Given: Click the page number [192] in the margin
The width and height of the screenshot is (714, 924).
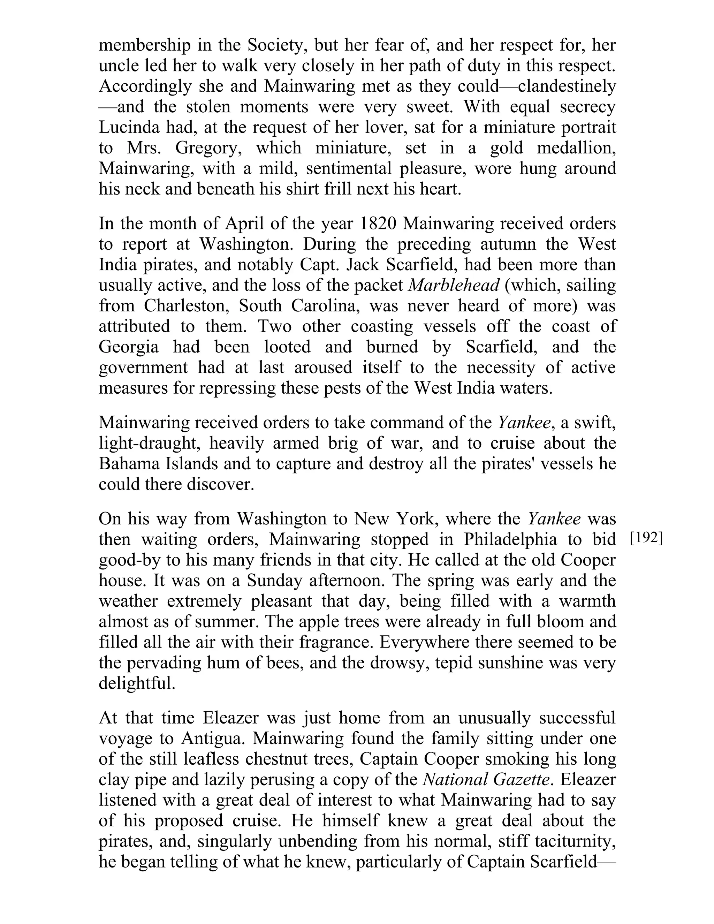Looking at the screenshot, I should click(x=646, y=539).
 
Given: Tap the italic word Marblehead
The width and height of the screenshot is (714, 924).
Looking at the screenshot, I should click(x=454, y=286).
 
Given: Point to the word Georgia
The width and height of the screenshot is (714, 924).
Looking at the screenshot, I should click(x=129, y=347).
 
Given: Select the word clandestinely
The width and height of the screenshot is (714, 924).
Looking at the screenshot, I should click(x=567, y=86).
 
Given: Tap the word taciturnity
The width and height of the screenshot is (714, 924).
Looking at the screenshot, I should click(x=575, y=841).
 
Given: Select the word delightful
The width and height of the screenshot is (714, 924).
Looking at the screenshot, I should click(x=137, y=683).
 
